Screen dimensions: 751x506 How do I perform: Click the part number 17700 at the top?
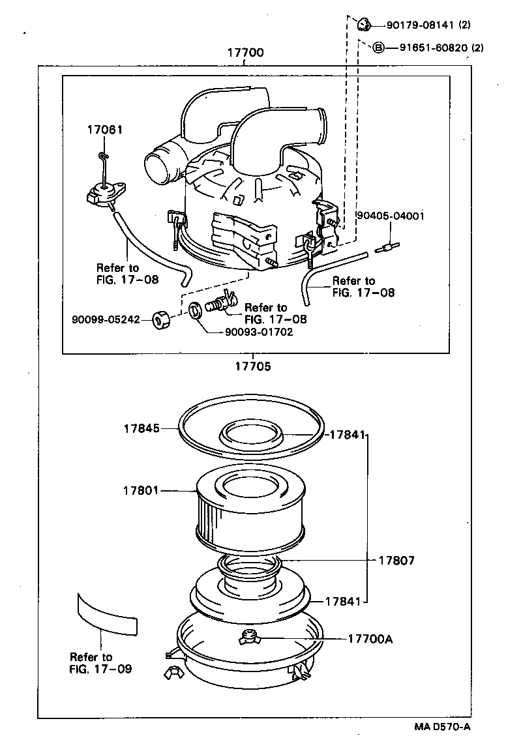pyautogui.click(x=245, y=53)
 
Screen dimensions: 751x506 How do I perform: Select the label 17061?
pyautogui.click(x=104, y=130)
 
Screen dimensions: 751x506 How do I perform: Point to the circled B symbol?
pyautogui.click(x=378, y=48)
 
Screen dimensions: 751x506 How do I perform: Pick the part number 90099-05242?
pyautogui.click(x=106, y=320)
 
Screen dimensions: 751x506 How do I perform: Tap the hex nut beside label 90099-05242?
pyautogui.click(x=161, y=320)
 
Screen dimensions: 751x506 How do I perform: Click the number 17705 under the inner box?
pyautogui.click(x=253, y=366)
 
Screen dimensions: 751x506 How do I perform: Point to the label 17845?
pyautogui.click(x=142, y=428)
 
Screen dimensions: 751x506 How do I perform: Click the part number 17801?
pyautogui.click(x=141, y=490)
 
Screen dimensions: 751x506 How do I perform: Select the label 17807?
pyautogui.click(x=396, y=560)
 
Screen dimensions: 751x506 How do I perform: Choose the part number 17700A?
pyautogui.click(x=370, y=639)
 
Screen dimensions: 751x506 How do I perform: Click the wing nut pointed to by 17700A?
pyautogui.click(x=248, y=638)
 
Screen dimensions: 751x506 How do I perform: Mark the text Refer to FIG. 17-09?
pyautogui.click(x=100, y=663)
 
